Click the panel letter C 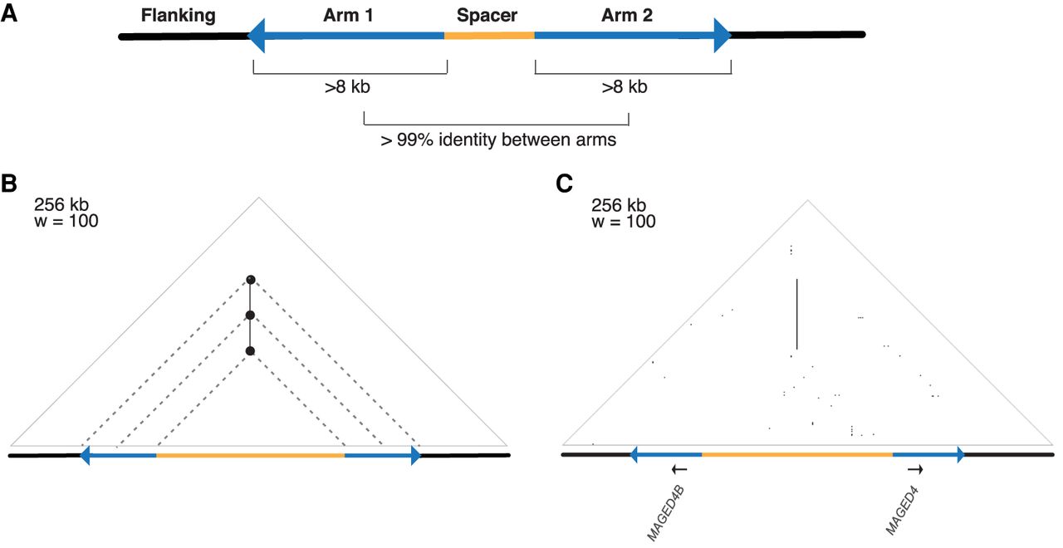566,184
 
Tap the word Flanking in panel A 178,15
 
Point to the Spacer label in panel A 487,15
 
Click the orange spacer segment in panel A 489,35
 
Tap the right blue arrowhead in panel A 720,35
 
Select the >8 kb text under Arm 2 625,86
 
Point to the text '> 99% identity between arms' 498,139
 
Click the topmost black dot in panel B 250,280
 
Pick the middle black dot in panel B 250,316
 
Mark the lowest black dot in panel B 250,351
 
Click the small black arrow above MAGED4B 679,470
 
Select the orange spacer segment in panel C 797,454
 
